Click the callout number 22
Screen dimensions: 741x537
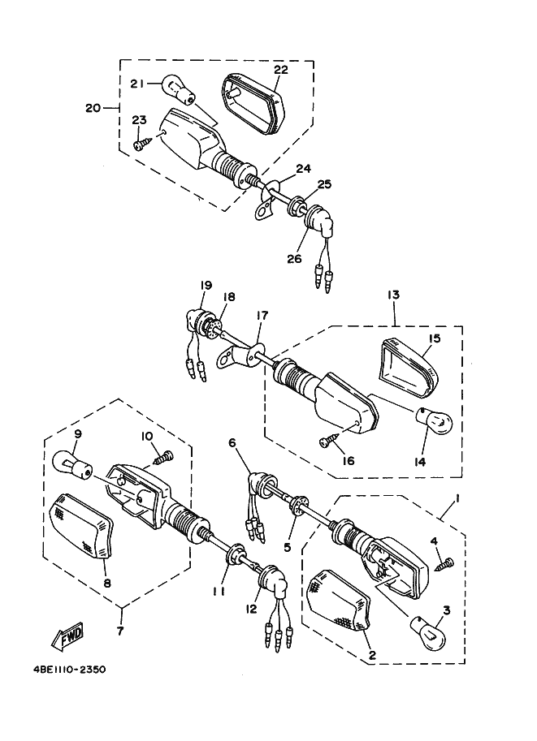(280, 70)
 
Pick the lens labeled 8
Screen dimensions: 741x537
(80, 525)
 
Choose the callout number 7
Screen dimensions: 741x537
(120, 630)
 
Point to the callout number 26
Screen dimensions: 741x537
(292, 260)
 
